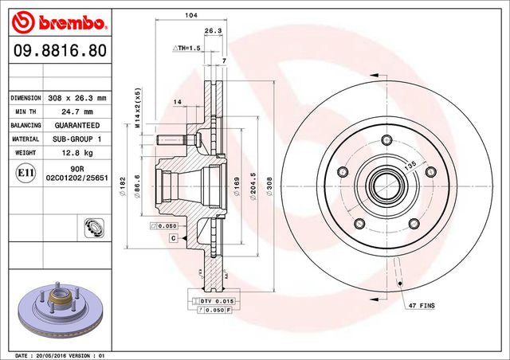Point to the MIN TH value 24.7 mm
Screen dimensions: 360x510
(77, 112)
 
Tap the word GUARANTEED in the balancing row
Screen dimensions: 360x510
(77, 126)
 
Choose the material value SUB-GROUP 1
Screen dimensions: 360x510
(77, 139)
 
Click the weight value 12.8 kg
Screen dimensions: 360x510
(77, 153)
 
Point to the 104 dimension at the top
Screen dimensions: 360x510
(190, 15)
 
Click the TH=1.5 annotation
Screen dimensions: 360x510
(189, 49)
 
